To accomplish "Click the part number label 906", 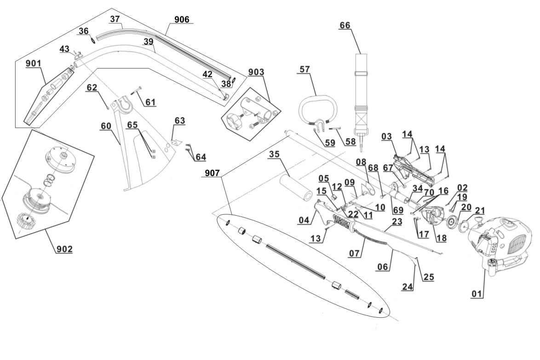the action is pyautogui.click(x=182, y=20).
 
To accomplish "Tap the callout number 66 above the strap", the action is pyautogui.click(x=345, y=25).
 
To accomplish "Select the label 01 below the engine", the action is pyautogui.click(x=477, y=294).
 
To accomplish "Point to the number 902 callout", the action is pyautogui.click(x=65, y=249).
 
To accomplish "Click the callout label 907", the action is pyautogui.click(x=212, y=173).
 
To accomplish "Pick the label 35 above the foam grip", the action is pyautogui.click(x=274, y=154).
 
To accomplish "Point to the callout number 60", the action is pyautogui.click(x=106, y=126).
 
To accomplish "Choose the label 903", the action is pyautogui.click(x=256, y=72).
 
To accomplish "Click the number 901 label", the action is pyautogui.click(x=34, y=63).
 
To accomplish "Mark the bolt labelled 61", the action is pyautogui.click(x=137, y=90).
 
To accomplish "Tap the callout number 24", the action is pyautogui.click(x=408, y=286).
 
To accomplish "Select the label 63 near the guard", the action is pyautogui.click(x=180, y=121).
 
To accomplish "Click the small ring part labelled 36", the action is pyautogui.click(x=93, y=40).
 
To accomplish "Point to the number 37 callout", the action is pyautogui.click(x=115, y=19).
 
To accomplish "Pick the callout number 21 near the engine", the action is pyautogui.click(x=480, y=211).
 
